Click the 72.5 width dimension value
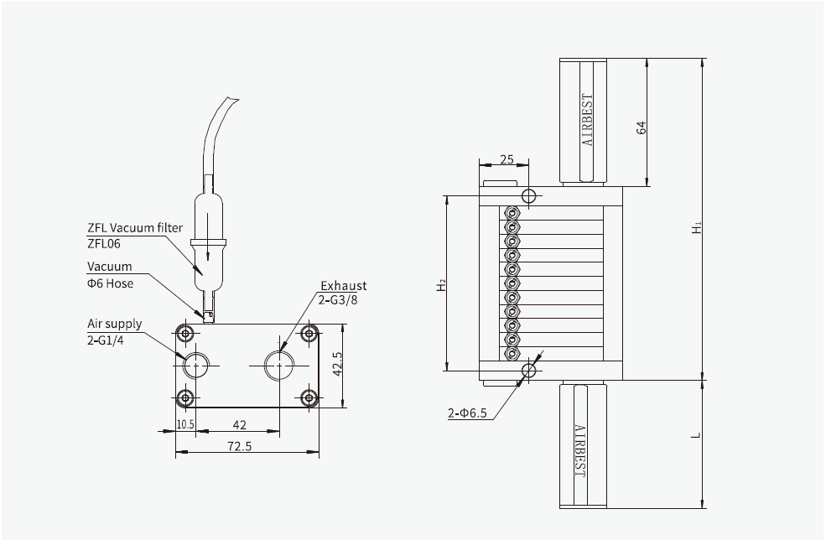[247, 448]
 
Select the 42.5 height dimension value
[337, 366]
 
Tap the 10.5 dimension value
[185, 424]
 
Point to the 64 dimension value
[642, 127]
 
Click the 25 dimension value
[507, 158]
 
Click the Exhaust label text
[343, 286]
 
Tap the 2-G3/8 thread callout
[340, 300]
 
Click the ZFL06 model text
[105, 243]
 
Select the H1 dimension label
[697, 227]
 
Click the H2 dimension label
[441, 286]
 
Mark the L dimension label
[697, 437]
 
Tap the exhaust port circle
[278, 366]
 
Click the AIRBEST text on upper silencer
[588, 120]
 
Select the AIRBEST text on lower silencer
[581, 449]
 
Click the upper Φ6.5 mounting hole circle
[528, 197]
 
